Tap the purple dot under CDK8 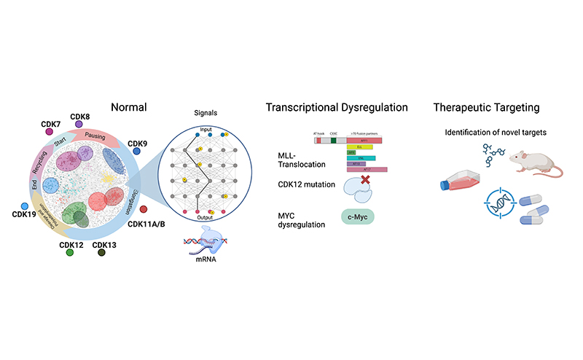(x=78, y=125)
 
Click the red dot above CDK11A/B (x=143, y=210)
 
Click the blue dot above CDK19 (x=25, y=207)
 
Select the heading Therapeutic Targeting (x=486, y=108)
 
